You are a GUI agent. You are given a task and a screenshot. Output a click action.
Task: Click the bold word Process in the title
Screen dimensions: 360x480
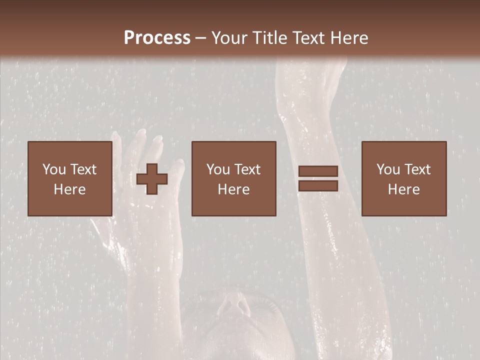coord(157,37)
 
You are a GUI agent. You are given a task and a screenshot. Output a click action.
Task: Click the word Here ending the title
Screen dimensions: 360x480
coord(348,37)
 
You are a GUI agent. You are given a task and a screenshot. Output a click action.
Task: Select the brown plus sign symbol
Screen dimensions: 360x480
coord(152,179)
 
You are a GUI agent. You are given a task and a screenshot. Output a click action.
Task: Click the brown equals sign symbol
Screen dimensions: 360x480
coord(318,178)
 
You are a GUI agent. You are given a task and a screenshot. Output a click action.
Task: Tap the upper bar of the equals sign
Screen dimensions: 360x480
coord(318,171)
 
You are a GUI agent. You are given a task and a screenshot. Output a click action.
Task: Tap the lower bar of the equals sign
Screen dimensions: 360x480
coord(318,186)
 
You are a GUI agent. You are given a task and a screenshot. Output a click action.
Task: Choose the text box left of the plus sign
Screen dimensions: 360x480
coord(69,178)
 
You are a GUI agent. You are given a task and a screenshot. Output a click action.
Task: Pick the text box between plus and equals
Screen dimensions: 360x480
coord(233,178)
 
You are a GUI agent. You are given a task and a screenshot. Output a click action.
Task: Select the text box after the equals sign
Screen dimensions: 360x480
coord(403,178)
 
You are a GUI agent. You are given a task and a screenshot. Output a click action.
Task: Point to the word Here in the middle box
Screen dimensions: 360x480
coord(233,189)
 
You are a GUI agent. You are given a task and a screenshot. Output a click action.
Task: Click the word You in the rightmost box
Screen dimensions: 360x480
coord(388,169)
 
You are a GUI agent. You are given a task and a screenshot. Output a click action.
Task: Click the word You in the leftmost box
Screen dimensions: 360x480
coord(54,169)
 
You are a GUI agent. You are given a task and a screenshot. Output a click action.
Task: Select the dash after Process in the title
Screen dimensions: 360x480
coord(200,38)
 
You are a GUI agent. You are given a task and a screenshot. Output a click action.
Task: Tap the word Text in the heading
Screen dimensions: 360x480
coord(308,37)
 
